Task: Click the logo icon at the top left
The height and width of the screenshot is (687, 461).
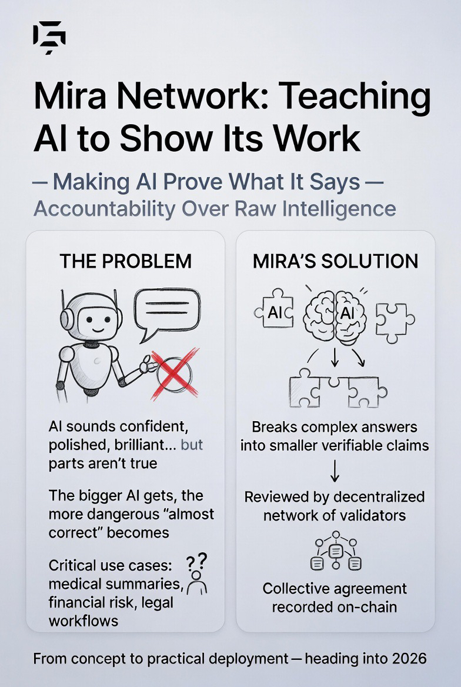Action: (49, 39)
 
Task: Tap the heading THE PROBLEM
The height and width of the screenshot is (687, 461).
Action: (125, 261)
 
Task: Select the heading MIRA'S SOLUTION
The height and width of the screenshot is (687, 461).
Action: (335, 261)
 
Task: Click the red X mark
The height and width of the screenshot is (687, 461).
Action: (174, 371)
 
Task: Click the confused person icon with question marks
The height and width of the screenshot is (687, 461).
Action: (198, 574)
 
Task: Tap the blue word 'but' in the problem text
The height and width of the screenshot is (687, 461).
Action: (192, 444)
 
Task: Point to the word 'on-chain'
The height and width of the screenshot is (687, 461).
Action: (365, 607)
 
